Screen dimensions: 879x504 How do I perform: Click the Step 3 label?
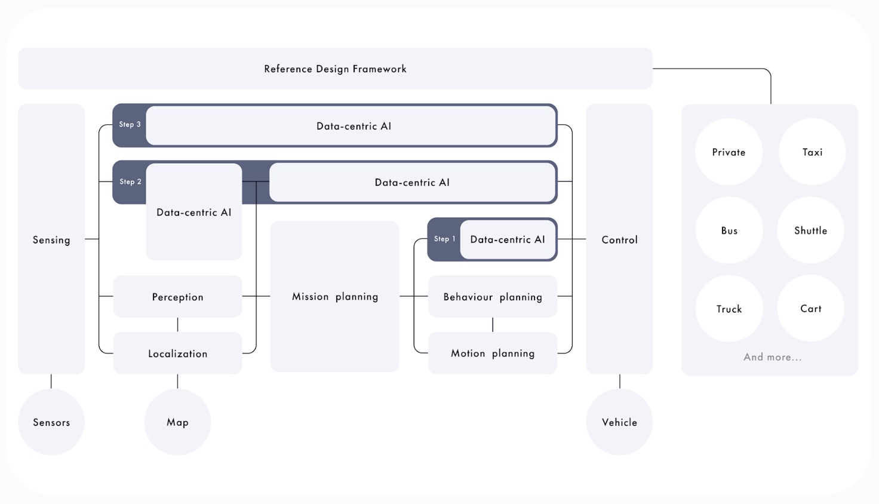pyautogui.click(x=130, y=124)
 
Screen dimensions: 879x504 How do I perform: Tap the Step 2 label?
pyautogui.click(x=130, y=182)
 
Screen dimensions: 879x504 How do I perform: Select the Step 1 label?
pyautogui.click(x=445, y=239)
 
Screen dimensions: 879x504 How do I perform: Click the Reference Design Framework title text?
pyautogui.click(x=335, y=69)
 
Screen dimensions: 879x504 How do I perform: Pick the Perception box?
pyautogui.click(x=178, y=296)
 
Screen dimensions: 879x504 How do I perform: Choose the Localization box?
pyautogui.click(x=178, y=353)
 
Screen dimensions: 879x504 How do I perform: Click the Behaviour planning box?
pyautogui.click(x=493, y=296)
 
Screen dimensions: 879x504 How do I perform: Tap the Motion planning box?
pyautogui.click(x=493, y=353)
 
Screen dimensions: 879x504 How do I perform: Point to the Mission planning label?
pyautogui.click(x=335, y=296)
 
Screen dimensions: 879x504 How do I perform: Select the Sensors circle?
pyautogui.click(x=51, y=422)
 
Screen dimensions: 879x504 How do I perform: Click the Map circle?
pyautogui.click(x=177, y=422)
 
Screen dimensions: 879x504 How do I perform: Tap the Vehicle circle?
pyautogui.click(x=620, y=422)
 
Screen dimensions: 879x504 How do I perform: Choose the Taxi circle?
pyautogui.click(x=812, y=152)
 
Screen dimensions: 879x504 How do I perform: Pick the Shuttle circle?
pyautogui.click(x=811, y=230)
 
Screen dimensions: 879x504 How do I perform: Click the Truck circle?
pyautogui.click(x=729, y=309)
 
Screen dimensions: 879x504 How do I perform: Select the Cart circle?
pyautogui.click(x=811, y=308)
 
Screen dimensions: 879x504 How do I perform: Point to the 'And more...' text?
pyautogui.click(x=773, y=357)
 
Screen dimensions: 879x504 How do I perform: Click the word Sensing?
pyautogui.click(x=51, y=240)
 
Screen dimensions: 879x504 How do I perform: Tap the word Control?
pyautogui.click(x=620, y=240)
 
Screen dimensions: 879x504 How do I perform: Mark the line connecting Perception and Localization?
pyautogui.click(x=178, y=325)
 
